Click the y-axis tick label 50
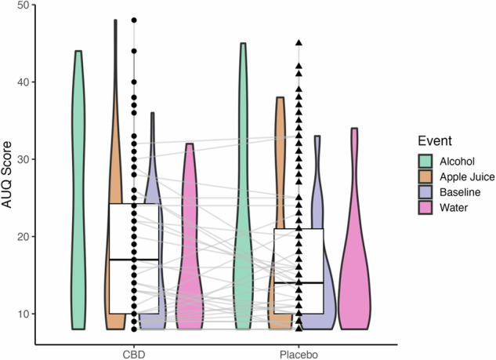23,5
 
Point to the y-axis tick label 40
23,82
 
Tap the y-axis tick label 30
23,159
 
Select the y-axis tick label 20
23,236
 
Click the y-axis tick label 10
23,314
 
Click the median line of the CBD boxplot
134,260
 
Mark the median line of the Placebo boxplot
299,282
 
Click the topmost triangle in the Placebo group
299,42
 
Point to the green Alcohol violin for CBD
78,196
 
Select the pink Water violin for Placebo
353,259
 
